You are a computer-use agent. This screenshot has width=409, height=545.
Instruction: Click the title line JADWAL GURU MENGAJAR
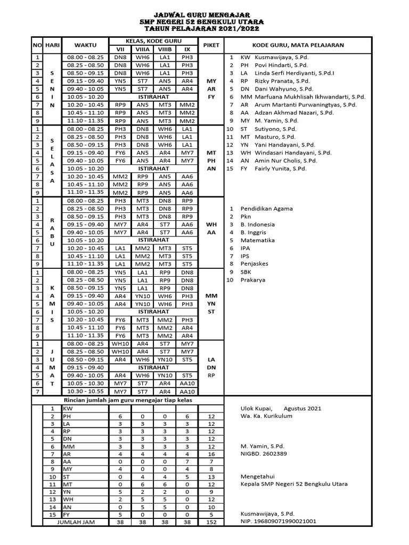coord(204,15)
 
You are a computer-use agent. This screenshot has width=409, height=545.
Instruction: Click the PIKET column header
coord(211,45)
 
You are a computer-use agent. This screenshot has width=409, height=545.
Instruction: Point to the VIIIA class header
coord(142,49)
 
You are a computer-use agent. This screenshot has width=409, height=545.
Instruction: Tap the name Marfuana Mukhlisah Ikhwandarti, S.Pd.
coord(302,97)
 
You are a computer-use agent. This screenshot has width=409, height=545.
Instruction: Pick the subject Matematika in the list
coord(258,240)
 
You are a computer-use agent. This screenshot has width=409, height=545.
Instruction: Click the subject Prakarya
coord(252,280)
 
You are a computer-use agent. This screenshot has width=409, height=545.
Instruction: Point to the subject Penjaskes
coord(255,264)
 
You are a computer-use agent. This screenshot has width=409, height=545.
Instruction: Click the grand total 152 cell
coord(211,522)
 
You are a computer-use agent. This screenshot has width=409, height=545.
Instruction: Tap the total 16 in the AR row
coord(211,455)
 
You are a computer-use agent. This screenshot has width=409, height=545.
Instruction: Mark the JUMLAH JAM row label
coord(76,522)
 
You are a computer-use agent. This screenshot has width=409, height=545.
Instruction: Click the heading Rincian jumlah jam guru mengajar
coord(128,400)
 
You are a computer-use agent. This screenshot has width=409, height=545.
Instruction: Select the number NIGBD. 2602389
coord(264,453)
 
